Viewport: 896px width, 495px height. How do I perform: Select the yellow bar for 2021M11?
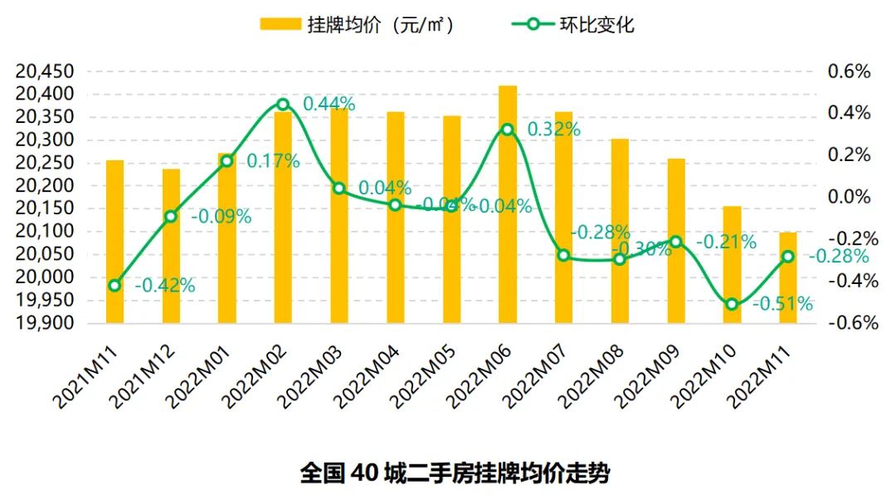pos(115,241)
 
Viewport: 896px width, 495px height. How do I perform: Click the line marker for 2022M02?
pos(283,105)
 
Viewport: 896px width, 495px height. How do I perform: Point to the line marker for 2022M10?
pos(732,304)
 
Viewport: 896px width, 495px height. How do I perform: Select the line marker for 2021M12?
pos(171,217)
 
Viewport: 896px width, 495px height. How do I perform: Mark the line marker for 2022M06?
pos(508,130)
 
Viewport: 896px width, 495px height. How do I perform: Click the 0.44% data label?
pos(329,105)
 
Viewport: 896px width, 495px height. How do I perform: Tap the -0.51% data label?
pos(782,304)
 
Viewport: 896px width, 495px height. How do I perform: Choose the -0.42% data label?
pos(164,287)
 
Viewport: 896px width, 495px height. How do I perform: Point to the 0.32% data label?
pos(553,130)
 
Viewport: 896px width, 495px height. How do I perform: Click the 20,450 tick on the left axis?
pos(45,71)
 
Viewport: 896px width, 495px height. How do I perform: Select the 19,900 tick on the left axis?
pos(45,323)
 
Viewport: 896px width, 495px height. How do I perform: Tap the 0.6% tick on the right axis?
pos(850,71)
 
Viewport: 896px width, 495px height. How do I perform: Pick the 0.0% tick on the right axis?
pos(850,197)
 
